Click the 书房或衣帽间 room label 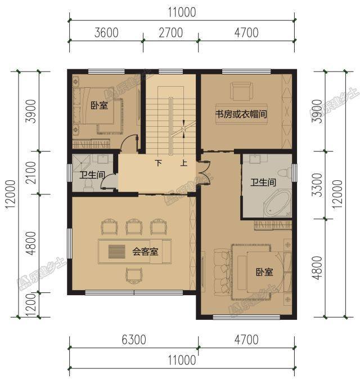click(241, 114)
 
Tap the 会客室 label click(145, 251)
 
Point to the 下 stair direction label click(159, 163)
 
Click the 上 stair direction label click(184, 163)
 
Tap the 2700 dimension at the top click(171, 33)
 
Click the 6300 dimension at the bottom click(134, 340)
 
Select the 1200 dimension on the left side click(31, 305)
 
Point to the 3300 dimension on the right click(318, 185)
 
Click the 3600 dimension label click(106, 33)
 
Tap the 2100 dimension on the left click(31, 173)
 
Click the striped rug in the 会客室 click(117, 252)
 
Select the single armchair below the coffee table click(134, 275)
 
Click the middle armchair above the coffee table click(134, 226)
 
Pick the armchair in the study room click(242, 91)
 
